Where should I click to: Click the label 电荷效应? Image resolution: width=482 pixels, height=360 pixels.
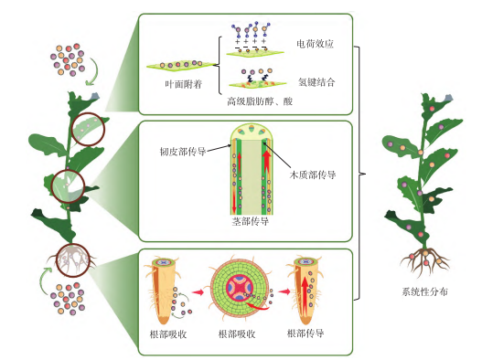point(316,43)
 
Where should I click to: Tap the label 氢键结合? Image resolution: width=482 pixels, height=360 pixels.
point(316,82)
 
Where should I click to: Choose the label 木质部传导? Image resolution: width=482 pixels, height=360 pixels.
point(313,175)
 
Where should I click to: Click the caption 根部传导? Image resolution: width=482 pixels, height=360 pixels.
point(305,335)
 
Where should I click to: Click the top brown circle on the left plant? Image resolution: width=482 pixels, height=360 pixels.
point(89,131)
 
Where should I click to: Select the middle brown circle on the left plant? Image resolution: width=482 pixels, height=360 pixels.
point(68,185)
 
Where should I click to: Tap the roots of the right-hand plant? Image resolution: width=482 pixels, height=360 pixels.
point(423,263)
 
